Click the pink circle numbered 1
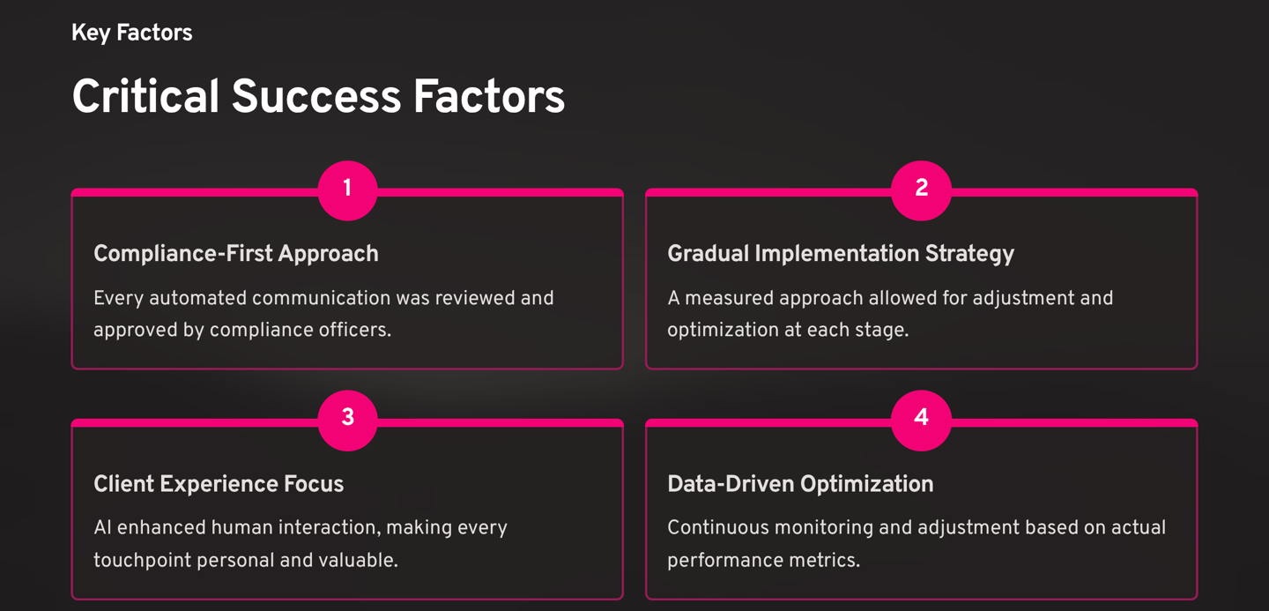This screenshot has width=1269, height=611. pos(347,189)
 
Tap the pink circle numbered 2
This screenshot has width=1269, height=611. pos(921,189)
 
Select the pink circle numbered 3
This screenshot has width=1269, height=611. pos(347,419)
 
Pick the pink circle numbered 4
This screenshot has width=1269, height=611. pos(921,419)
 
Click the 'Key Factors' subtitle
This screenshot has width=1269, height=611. pos(131,34)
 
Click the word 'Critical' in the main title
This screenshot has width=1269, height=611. pos(145,97)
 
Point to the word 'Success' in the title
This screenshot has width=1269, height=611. pos(315,97)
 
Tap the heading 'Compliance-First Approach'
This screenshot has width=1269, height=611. pos(235,254)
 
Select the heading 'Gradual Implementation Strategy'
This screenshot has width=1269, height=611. pos(840,254)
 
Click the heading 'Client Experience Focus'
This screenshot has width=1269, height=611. pos(218,484)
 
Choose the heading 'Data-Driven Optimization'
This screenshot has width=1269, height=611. pos(799,484)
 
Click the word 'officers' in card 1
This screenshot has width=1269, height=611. pos(354,331)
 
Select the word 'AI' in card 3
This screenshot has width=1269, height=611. pos(103,528)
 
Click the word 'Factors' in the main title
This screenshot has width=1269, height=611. pos(489,97)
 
